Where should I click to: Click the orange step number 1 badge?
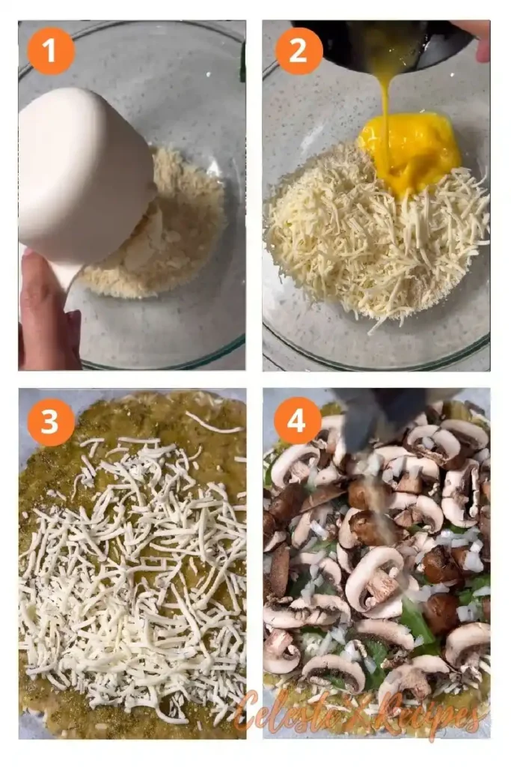point(51,51)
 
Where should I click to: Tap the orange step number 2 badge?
point(299,51)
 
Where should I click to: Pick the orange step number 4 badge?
point(298,421)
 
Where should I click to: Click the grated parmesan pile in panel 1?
point(187,217)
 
